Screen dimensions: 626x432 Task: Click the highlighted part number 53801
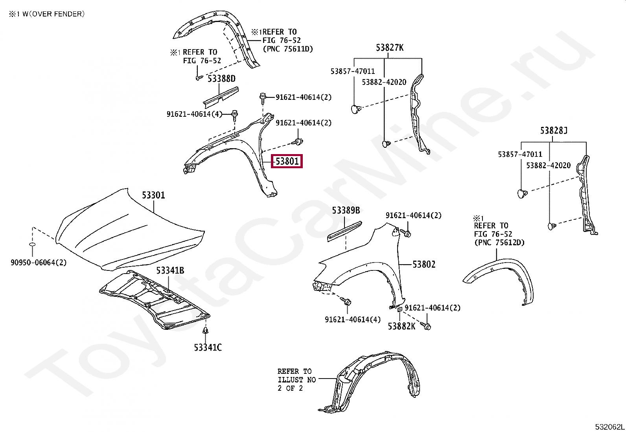click(x=287, y=161)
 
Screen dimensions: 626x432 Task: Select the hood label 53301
click(x=153, y=195)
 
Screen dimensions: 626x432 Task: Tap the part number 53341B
click(x=170, y=270)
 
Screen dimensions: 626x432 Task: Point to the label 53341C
click(x=208, y=347)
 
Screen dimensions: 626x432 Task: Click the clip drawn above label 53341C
click(x=206, y=331)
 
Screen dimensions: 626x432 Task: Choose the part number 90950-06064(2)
click(x=39, y=263)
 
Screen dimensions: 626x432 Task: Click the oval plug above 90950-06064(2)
click(x=33, y=245)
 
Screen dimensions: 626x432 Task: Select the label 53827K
click(x=389, y=48)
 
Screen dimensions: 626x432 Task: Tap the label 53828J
click(x=554, y=131)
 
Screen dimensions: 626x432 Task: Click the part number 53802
click(x=424, y=265)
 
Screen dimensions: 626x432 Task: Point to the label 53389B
click(x=346, y=211)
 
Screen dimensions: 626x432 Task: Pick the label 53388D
click(x=221, y=79)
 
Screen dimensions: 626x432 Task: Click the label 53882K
click(x=401, y=326)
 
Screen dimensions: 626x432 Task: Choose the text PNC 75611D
click(x=288, y=49)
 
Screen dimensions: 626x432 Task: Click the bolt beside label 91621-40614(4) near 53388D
click(x=235, y=115)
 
